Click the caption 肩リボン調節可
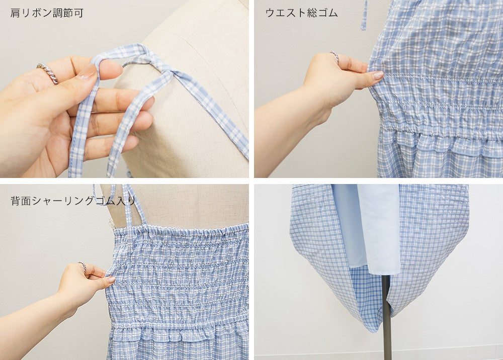pos(47,13)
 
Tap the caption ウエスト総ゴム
pos(301,13)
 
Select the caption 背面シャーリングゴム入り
pos(73,201)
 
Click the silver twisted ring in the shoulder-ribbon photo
pos(48,72)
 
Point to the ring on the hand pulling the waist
pos(334,56)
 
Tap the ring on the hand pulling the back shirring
pos(83,266)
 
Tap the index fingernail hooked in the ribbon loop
pos(87,73)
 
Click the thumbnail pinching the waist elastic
pos(378,75)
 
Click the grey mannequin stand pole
pos(386,316)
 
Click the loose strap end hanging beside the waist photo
pos(364,15)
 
